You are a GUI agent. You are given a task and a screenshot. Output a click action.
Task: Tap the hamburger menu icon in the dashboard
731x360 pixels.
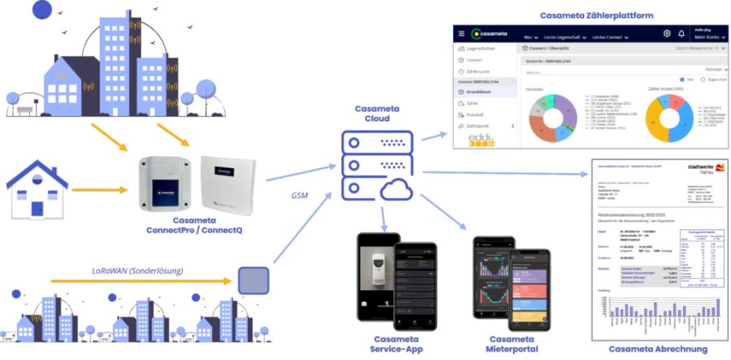462,34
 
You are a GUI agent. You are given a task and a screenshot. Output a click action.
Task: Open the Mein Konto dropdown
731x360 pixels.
706,37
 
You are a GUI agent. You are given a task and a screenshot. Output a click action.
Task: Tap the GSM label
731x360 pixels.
301,195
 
